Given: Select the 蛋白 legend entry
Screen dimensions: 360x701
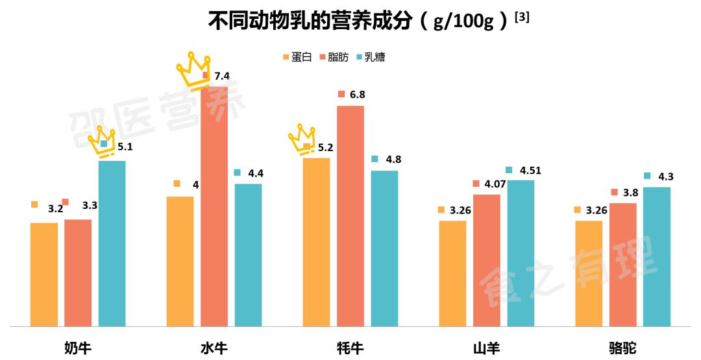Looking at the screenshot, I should (298, 57).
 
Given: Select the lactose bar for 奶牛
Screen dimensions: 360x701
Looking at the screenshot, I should (112, 243).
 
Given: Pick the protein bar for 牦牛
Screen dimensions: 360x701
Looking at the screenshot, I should (316, 241).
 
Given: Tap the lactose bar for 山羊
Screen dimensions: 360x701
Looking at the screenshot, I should (521, 253).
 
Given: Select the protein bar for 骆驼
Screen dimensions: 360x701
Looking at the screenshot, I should (589, 273).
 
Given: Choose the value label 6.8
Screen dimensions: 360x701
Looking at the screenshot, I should (357, 95).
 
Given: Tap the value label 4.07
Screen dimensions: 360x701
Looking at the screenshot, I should (496, 184).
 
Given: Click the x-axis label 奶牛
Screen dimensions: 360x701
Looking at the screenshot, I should (78, 348).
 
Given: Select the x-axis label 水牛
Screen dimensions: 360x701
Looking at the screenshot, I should (214, 348).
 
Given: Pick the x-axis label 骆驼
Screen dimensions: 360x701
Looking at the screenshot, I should (622, 348).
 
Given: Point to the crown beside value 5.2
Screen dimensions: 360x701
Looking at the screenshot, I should (301, 138).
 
